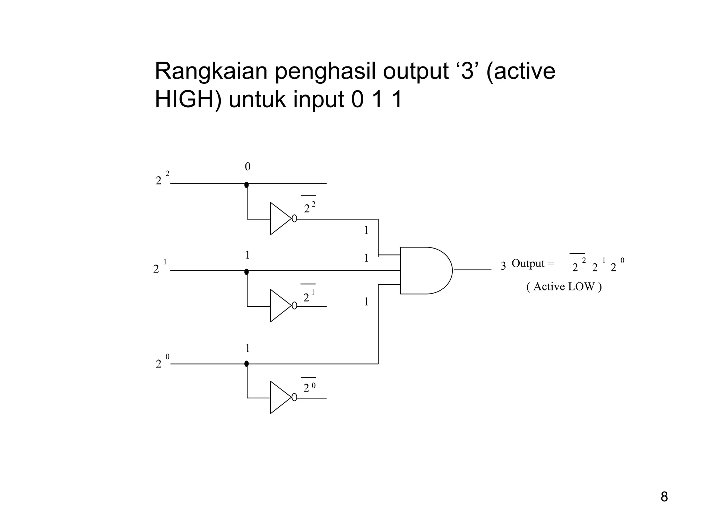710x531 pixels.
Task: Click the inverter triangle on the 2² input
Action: [279, 218]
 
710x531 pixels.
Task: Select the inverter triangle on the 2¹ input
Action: [279, 306]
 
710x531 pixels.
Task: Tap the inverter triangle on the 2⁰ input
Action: [279, 397]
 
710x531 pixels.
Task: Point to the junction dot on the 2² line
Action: [246, 184]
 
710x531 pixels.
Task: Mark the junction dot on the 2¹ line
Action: [246, 272]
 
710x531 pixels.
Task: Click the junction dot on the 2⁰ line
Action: [246, 364]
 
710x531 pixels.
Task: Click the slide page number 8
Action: [664, 497]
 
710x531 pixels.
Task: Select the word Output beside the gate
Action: [528, 263]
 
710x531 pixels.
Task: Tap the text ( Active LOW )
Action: [564, 287]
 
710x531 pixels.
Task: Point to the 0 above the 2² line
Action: [248, 167]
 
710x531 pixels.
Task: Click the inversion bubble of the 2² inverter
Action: [294, 218]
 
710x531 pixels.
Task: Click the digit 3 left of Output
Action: [503, 266]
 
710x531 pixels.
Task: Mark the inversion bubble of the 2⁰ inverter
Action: [294, 397]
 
